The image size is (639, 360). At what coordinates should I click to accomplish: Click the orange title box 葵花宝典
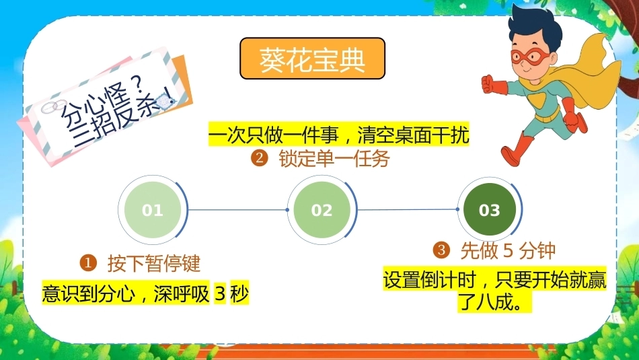pyautogui.click(x=312, y=59)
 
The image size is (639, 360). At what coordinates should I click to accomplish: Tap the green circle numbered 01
pyautogui.click(x=153, y=210)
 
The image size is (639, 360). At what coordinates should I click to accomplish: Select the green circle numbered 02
pyautogui.click(x=322, y=210)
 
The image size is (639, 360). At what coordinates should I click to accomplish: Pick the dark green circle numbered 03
pyautogui.click(x=490, y=210)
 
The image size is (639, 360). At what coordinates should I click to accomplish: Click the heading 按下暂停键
pyautogui.click(x=154, y=263)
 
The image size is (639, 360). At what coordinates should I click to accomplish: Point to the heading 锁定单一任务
pyautogui.click(x=334, y=159)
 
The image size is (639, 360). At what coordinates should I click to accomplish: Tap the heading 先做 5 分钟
pyautogui.click(x=508, y=250)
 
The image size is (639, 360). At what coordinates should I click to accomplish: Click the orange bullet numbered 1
pyautogui.click(x=88, y=263)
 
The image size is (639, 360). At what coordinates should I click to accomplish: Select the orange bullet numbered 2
pyautogui.click(x=259, y=158)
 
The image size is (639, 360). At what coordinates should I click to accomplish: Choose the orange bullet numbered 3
pyautogui.click(x=441, y=250)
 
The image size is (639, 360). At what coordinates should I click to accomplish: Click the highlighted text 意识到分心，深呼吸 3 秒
pyautogui.click(x=145, y=293)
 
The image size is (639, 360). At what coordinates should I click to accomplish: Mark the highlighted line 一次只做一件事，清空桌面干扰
pyautogui.click(x=338, y=135)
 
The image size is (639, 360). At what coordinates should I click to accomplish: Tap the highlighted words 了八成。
pyautogui.click(x=494, y=301)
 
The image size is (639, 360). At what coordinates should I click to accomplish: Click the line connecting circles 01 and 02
pyautogui.click(x=237, y=210)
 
